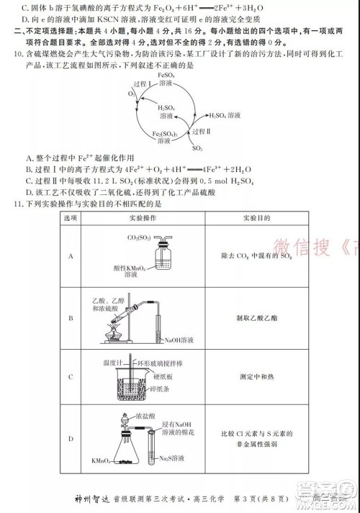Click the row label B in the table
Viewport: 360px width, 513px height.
pos(71,317)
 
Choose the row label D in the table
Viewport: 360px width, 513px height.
pos(71,438)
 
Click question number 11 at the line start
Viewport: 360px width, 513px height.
pos(12,204)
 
